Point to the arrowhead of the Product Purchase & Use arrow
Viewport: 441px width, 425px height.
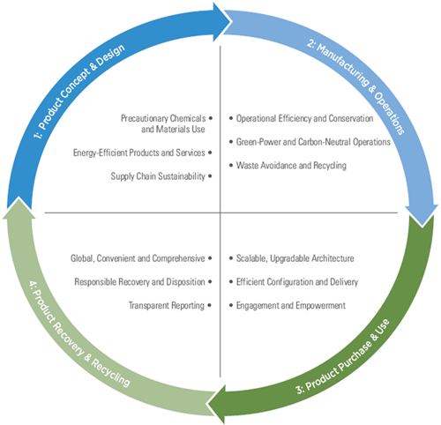coord(217,403)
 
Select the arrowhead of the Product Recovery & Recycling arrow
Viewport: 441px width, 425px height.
coord(19,208)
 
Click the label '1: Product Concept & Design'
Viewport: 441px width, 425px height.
coord(79,91)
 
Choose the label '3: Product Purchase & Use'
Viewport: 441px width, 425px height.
coord(343,356)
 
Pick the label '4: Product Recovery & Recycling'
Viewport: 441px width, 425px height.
coord(79,334)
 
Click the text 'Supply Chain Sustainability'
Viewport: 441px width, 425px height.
coord(158,176)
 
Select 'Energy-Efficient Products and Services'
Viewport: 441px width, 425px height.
coord(139,153)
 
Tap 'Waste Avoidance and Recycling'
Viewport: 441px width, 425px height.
coord(291,166)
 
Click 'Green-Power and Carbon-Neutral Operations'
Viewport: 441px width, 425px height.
coord(313,142)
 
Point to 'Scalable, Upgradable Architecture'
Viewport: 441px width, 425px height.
coord(295,258)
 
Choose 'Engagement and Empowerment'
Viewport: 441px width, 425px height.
coord(291,305)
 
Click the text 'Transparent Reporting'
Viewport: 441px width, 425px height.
coord(167,305)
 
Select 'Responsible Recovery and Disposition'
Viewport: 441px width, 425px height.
coord(139,282)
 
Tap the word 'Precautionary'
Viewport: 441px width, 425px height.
coord(144,118)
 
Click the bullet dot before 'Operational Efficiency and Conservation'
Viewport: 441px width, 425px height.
coord(231,118)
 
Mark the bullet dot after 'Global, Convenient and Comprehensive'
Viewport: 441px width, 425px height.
coord(210,258)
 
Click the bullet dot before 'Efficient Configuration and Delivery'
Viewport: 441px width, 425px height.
coord(231,281)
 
